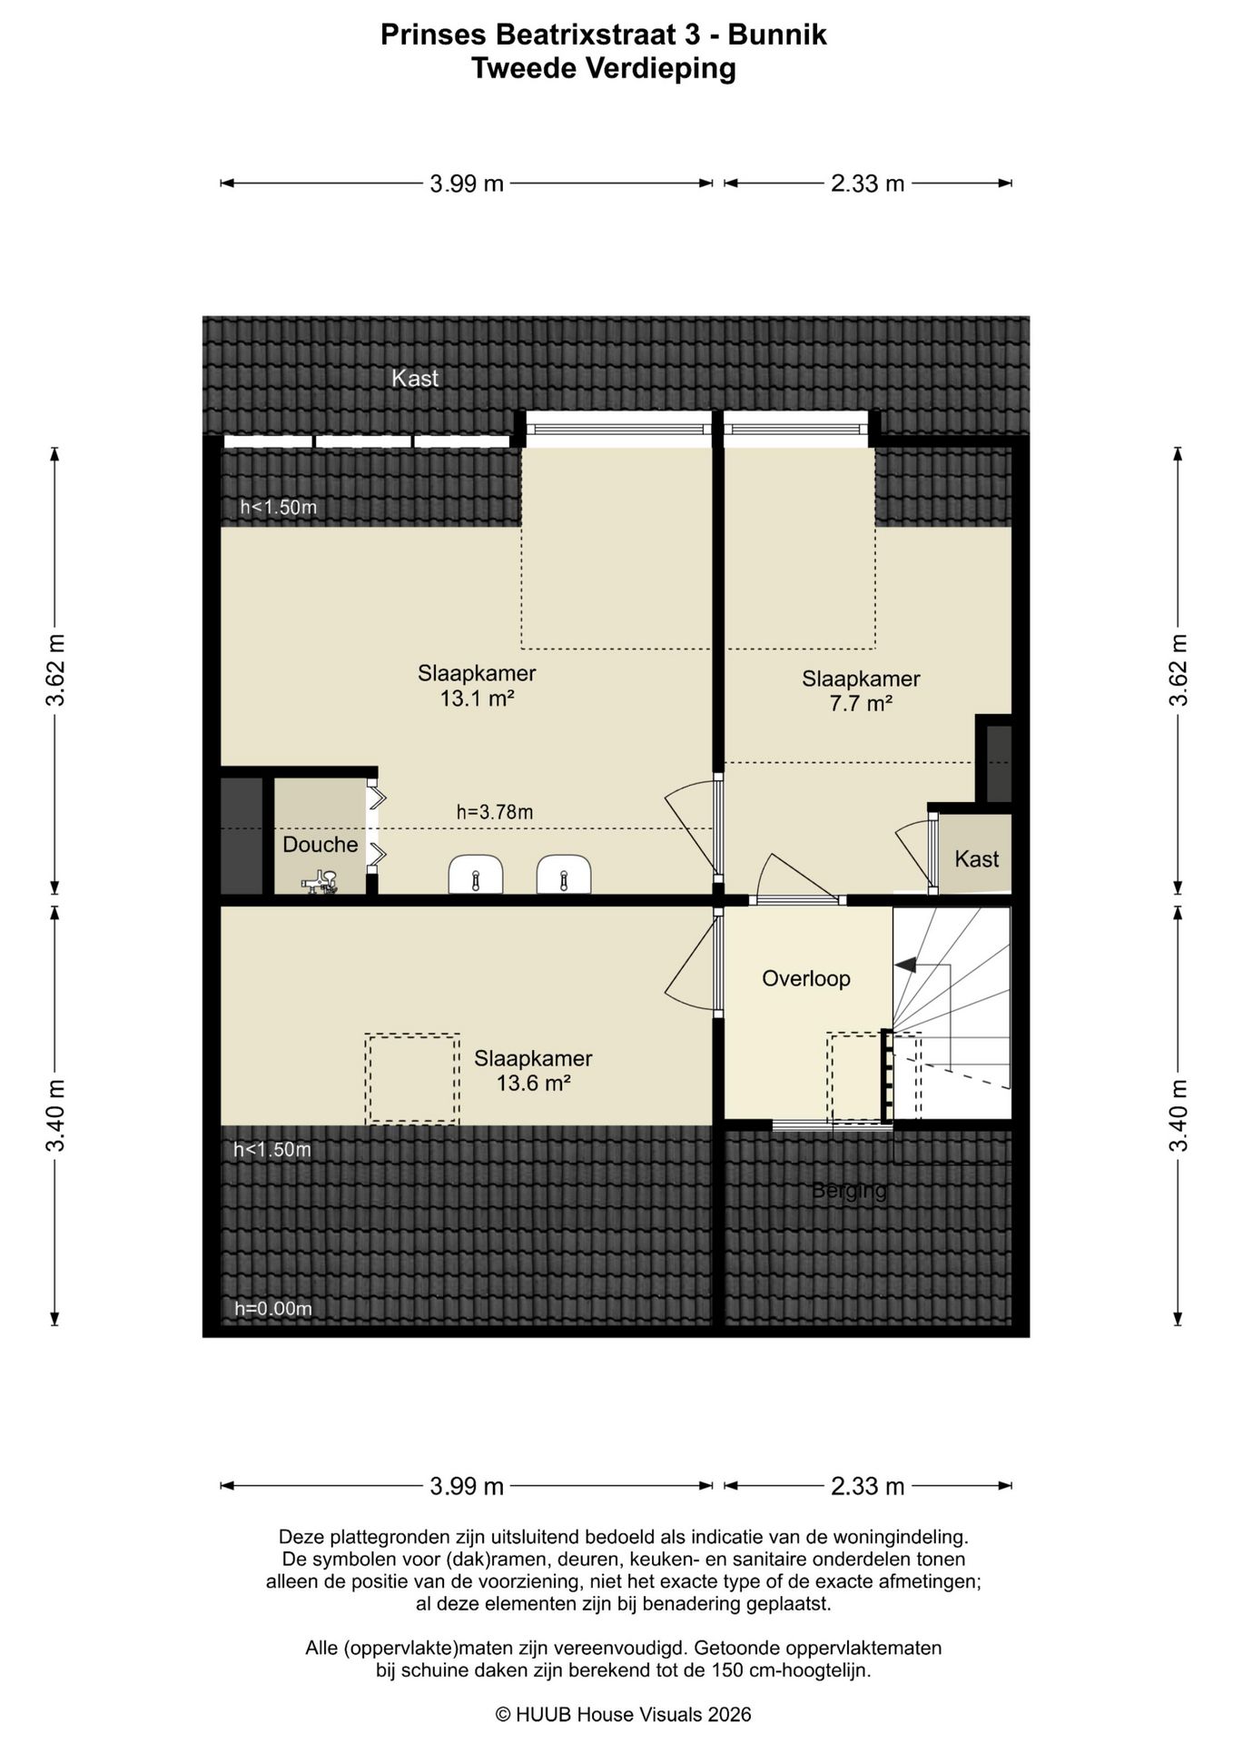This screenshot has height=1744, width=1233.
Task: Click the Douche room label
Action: (321, 845)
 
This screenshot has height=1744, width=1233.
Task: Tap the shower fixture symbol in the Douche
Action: (320, 882)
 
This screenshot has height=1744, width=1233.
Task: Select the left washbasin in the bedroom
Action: (476, 874)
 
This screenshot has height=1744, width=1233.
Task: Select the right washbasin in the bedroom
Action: (564, 874)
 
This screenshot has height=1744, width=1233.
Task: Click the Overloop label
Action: (806, 978)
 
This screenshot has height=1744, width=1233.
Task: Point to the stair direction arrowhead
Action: (905, 965)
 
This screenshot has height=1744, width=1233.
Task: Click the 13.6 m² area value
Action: (533, 1083)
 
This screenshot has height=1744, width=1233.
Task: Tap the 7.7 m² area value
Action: (861, 703)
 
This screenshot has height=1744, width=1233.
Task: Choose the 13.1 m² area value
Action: (477, 699)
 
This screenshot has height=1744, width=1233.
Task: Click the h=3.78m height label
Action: (495, 812)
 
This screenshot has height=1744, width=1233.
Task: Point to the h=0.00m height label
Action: (273, 1309)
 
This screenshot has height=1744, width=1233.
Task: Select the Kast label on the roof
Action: (415, 379)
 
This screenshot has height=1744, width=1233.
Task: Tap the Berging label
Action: (849, 1190)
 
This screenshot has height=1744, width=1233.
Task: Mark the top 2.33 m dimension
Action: (868, 183)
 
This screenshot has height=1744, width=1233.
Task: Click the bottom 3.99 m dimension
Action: (467, 1486)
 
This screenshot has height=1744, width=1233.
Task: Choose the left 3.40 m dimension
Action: (55, 1115)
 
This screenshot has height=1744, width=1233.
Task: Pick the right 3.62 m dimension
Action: (1179, 669)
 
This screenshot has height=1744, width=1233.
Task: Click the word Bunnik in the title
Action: (777, 35)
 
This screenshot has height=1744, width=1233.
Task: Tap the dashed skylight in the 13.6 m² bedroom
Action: (412, 1079)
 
